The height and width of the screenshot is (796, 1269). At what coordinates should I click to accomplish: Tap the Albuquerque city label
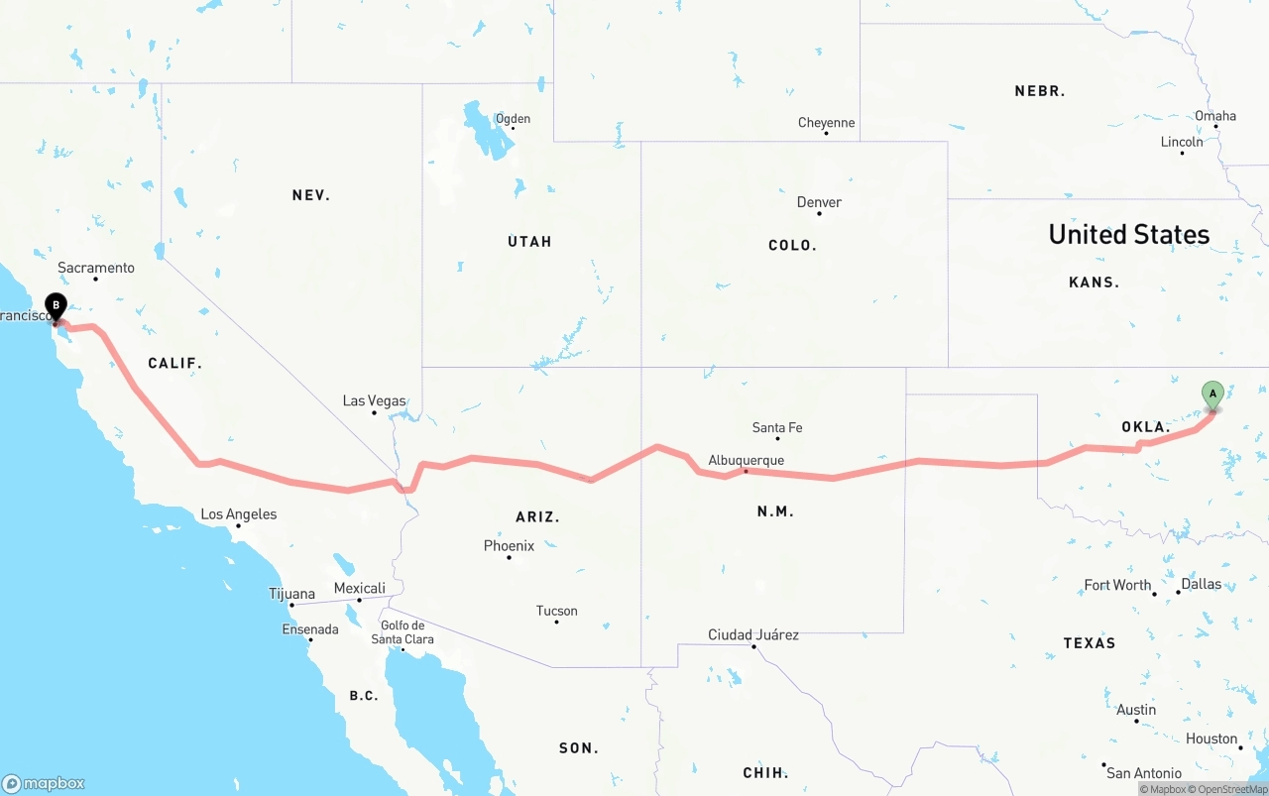(x=746, y=460)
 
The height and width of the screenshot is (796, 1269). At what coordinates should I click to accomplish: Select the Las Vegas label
(x=374, y=400)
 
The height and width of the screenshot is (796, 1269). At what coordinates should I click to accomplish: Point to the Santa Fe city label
(x=777, y=427)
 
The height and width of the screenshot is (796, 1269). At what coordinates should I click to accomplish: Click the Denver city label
(x=819, y=202)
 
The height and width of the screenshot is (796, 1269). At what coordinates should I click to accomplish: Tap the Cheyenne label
(x=826, y=123)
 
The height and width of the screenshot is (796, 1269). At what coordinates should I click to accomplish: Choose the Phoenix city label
(x=509, y=545)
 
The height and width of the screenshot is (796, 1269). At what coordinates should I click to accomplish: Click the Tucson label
(x=556, y=611)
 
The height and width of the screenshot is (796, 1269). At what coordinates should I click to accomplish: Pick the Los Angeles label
(x=239, y=514)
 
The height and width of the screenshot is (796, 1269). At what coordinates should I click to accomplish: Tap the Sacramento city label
(x=96, y=268)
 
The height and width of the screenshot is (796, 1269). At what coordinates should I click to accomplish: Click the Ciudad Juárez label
(x=753, y=634)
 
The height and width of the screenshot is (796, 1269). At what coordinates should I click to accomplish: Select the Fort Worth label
(x=1117, y=585)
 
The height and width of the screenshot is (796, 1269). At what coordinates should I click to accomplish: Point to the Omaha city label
(x=1215, y=116)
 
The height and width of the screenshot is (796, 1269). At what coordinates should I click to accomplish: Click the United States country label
(x=1129, y=234)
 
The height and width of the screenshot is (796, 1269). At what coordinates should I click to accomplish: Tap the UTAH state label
(x=529, y=242)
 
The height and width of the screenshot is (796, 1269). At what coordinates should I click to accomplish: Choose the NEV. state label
(x=311, y=195)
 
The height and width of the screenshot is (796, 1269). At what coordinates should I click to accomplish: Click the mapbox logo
(x=44, y=783)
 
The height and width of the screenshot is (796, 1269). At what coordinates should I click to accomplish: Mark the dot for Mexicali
(x=359, y=600)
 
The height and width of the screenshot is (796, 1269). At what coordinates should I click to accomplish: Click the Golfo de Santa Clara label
(x=403, y=632)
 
